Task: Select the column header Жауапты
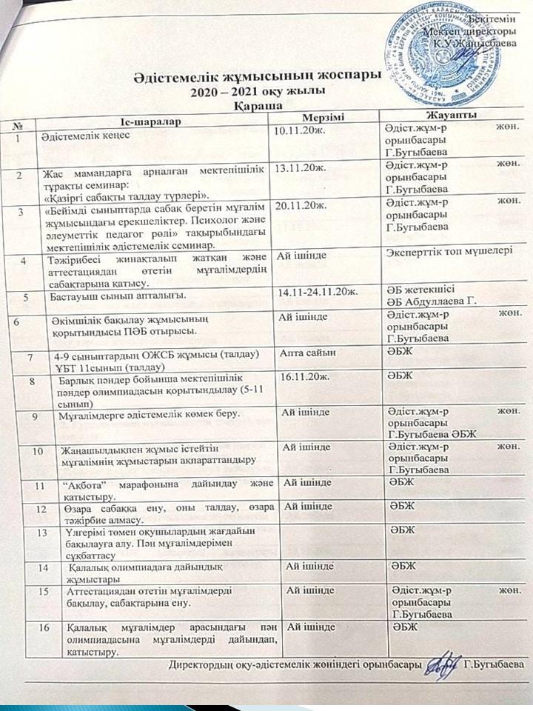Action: click(x=451, y=118)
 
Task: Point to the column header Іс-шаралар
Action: click(x=149, y=121)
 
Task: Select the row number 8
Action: click(x=33, y=381)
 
